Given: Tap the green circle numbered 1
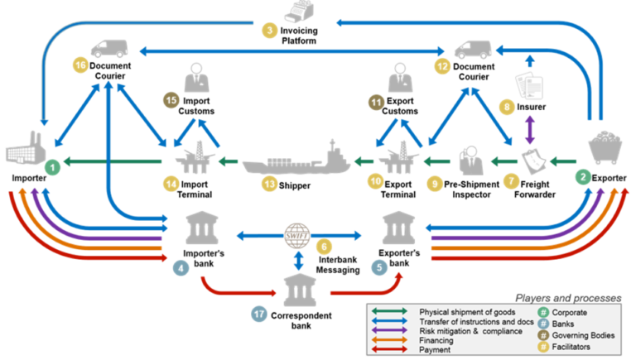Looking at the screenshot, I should [x=53, y=167].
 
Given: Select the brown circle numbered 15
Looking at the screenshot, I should [x=171, y=101].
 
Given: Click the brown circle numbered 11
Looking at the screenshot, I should [x=376, y=103].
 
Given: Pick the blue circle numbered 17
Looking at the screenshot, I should [x=260, y=313].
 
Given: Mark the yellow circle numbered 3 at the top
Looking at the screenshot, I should [x=269, y=31].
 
